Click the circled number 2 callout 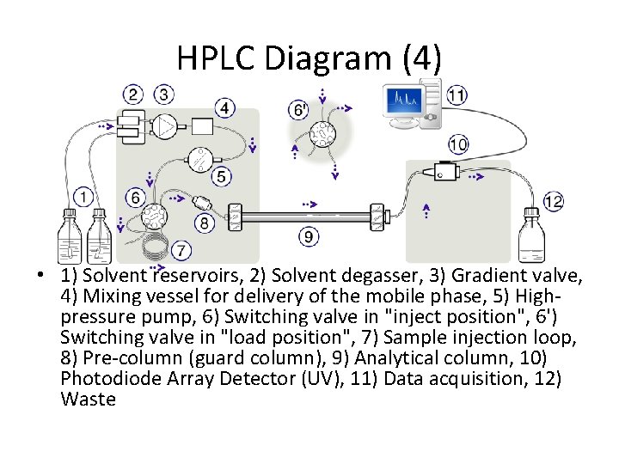(133, 95)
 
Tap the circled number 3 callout (163, 95)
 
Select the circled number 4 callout (224, 108)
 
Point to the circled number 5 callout (221, 176)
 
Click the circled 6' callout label (300, 110)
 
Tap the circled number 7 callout (181, 251)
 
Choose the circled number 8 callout (204, 223)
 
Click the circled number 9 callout (309, 236)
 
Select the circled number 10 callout (458, 143)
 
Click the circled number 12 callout (553, 202)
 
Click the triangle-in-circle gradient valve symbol (166, 127)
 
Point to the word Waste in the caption (89, 400)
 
